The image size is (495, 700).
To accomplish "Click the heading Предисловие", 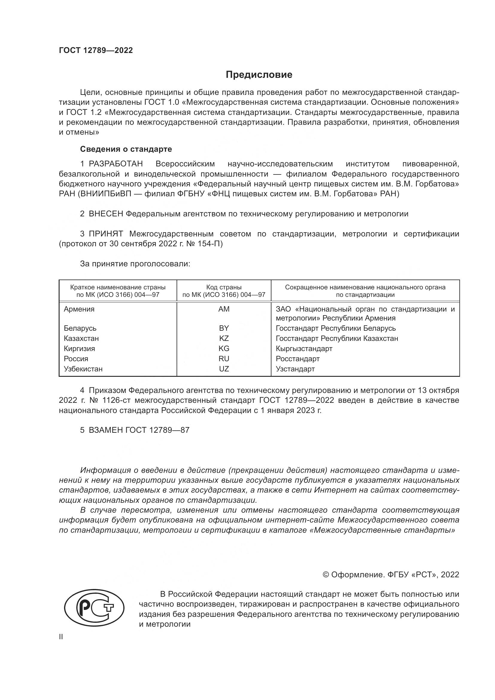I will (259, 75).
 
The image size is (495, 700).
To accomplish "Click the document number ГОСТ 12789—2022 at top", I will (96, 50).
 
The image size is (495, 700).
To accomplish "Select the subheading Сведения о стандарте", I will (126, 149).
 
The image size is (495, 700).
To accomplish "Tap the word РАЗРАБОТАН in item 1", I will (116, 164).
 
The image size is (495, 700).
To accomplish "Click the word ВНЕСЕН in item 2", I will (106, 214).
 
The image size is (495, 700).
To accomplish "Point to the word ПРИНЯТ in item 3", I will (106, 234).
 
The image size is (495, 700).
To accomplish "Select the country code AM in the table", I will (224, 309).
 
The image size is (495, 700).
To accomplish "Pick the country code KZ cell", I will (224, 338).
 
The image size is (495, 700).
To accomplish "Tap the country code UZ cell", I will (224, 369).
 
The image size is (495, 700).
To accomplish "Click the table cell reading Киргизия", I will (79, 348).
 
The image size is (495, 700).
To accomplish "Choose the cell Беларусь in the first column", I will (80, 328).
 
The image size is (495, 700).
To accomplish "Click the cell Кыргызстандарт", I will (304, 348).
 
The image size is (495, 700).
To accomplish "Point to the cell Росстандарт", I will (297, 359).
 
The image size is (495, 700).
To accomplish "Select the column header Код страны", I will (224, 287).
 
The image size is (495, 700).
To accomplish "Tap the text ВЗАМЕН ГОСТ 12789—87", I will (139, 430).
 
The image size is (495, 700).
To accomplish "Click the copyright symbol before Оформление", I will (326, 575).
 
